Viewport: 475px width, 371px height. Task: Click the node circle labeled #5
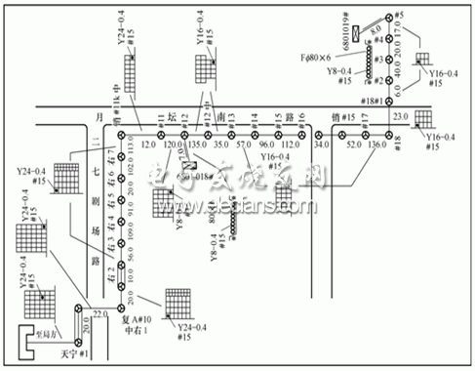point(388,18)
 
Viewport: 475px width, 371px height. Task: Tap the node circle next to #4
point(388,42)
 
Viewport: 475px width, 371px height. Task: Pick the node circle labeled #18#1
point(388,102)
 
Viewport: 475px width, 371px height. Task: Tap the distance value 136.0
point(376,146)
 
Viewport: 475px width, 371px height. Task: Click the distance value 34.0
point(322,146)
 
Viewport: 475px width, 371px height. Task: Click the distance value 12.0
point(148,146)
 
